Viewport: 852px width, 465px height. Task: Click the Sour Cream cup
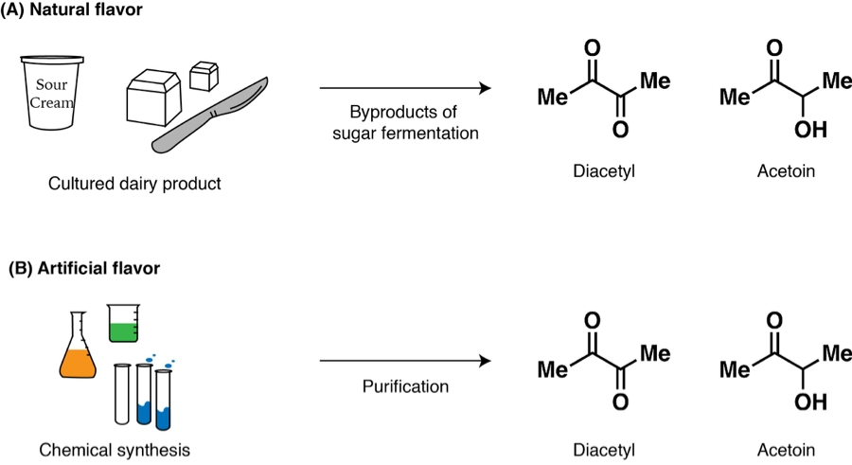[53, 94]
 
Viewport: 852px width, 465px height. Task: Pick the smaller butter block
[204, 75]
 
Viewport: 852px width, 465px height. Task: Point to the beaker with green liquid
[124, 323]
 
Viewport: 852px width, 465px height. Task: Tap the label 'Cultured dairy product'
[134, 183]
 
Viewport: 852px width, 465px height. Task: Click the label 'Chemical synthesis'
[115, 449]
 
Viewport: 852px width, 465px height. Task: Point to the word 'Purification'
[405, 386]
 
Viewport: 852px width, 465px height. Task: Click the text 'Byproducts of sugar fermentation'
[405, 121]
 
